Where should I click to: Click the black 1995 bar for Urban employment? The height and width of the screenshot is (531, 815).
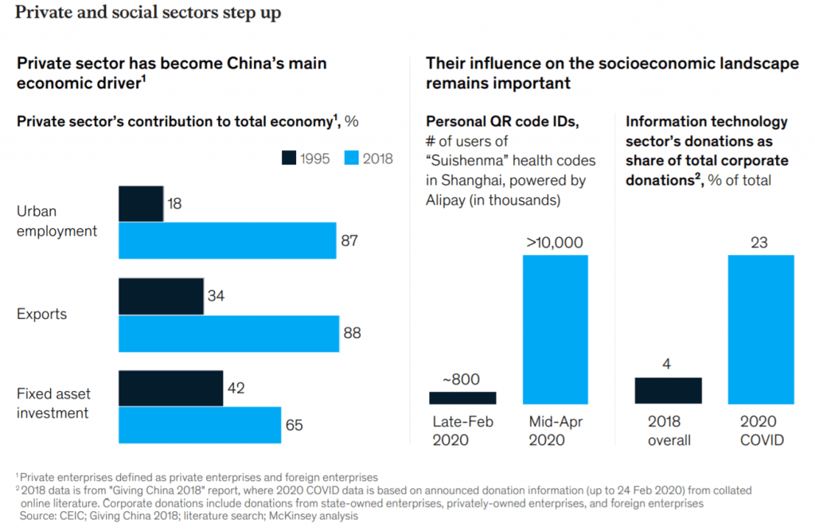tap(141, 203)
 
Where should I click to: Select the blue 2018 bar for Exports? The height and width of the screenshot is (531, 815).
tap(228, 333)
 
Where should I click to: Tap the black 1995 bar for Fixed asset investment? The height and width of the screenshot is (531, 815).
tap(170, 388)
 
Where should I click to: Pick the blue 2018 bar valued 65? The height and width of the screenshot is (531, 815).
tap(200, 425)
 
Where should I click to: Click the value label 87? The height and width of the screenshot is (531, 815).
tap(349, 241)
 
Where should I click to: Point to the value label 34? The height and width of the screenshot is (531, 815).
tap(216, 296)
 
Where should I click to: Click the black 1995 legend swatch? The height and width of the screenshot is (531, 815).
tap(289, 158)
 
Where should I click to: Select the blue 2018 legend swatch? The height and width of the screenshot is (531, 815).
tap(352, 158)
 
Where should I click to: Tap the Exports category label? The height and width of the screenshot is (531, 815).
tap(41, 314)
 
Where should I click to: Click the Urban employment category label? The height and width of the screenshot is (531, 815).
tap(57, 221)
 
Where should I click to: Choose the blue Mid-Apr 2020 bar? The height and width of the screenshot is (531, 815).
tap(555, 329)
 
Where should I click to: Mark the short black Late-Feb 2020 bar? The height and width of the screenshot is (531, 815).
tap(462, 397)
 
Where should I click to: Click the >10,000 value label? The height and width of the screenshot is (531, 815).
tap(555, 242)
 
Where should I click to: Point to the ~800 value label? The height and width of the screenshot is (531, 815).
tap(462, 379)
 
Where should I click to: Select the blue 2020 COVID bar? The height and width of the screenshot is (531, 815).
tap(760, 329)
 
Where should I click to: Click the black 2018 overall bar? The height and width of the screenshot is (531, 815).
tap(668, 390)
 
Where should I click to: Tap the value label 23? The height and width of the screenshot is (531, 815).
tap(759, 242)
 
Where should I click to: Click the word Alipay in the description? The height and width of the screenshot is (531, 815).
tap(448, 200)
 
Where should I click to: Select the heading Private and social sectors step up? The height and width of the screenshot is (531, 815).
tap(148, 14)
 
